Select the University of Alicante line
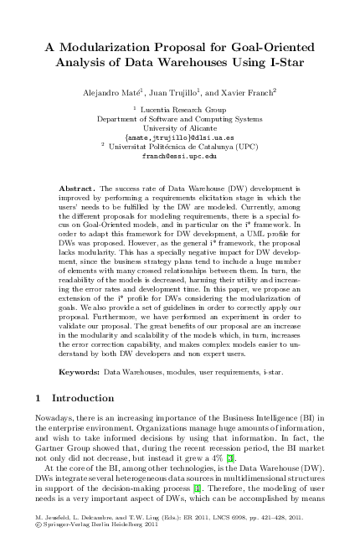coord(179,128)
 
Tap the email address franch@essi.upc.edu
coord(179,156)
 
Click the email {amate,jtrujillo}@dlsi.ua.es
coord(179,137)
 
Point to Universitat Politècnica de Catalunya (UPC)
coord(183,147)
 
